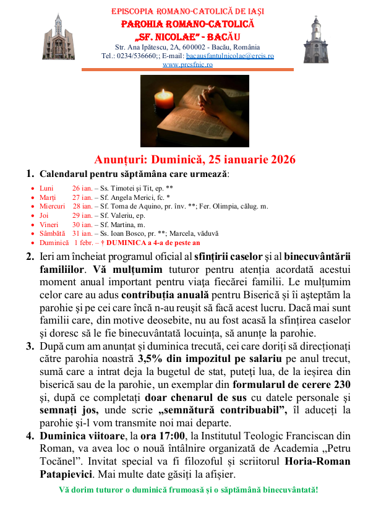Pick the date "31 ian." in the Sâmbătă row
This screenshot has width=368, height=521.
tap(82, 234)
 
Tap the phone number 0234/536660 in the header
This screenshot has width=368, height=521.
tap(140, 56)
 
